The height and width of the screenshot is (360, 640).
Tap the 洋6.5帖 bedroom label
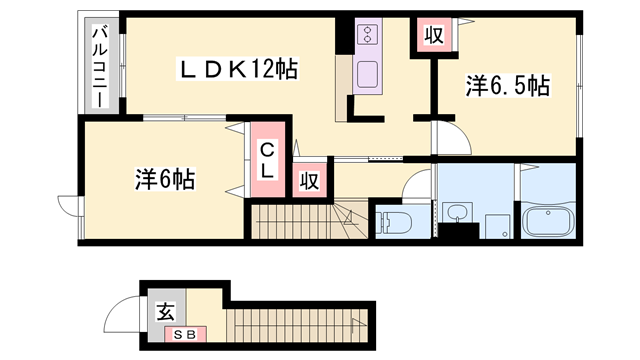[507, 86]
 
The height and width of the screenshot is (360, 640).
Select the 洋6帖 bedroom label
[165, 180]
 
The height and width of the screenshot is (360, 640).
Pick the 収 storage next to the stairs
[310, 180]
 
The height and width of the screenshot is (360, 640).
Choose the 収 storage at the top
[432, 35]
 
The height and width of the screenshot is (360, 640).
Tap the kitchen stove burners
[367, 36]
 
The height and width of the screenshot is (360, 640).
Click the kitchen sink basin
[366, 73]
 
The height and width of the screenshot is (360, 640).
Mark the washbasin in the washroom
[459, 212]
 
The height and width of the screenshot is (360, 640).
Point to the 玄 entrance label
[163, 311]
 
